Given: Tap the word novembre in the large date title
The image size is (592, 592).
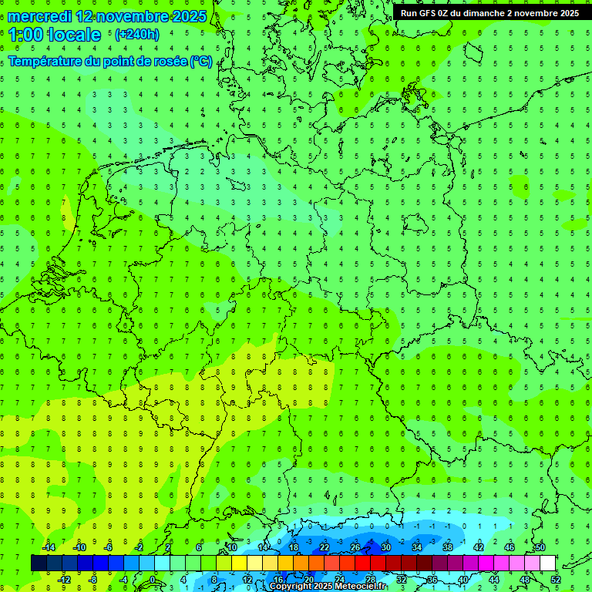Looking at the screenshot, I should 133,16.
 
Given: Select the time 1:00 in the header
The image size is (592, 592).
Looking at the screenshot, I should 25,35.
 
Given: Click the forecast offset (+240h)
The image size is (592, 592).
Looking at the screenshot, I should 136,35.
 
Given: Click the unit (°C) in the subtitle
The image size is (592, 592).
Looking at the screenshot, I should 201,61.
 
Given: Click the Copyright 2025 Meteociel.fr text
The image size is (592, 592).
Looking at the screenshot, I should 328,587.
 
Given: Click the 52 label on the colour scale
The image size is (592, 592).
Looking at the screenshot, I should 556,580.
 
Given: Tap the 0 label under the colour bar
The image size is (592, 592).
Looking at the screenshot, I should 153,580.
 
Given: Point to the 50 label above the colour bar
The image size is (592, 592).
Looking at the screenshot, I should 540,547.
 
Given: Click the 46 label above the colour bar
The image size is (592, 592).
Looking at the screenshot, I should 510,547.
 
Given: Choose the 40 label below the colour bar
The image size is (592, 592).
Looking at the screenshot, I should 463,580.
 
